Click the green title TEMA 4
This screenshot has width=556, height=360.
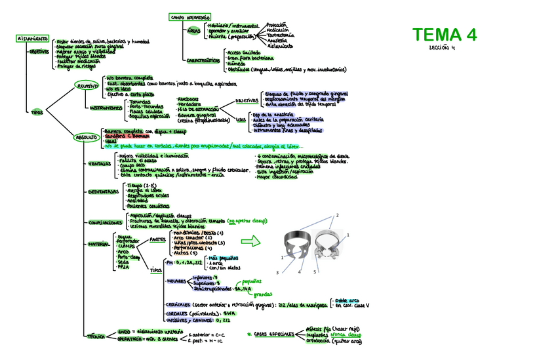445,34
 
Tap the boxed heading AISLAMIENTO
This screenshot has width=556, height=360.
32,39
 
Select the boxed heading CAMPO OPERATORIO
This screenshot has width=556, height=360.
189,17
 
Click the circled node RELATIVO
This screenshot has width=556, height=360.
87,86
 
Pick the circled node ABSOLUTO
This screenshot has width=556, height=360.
86,137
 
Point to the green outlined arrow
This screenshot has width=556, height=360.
251,241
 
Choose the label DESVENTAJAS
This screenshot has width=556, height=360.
103,192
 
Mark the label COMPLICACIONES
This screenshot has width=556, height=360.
105,222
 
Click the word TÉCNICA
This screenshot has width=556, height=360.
96,336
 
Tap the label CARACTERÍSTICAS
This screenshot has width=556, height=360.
203,60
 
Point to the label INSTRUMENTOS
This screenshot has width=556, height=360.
106,108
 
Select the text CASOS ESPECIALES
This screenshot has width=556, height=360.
275,334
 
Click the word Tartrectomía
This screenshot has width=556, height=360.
281,35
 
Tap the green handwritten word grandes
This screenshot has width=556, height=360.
262,294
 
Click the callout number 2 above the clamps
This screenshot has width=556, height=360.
337,216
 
